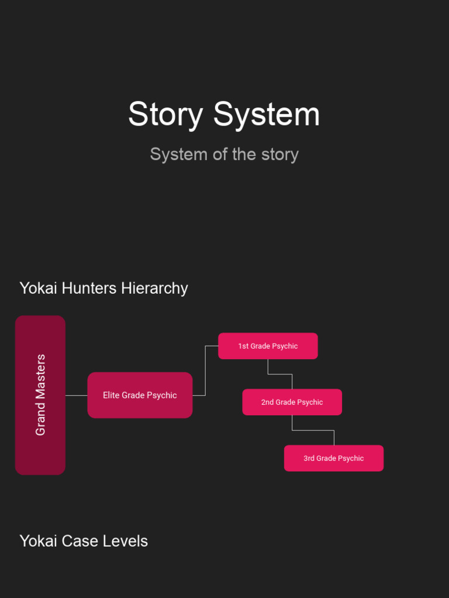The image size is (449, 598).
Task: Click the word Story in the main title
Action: (165, 114)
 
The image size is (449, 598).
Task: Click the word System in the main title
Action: (267, 114)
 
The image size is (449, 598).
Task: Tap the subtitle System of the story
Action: (224, 154)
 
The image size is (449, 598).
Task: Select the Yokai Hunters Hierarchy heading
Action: (103, 288)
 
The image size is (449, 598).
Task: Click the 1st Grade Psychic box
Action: (268, 346)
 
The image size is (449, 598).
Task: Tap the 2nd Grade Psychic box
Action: (292, 402)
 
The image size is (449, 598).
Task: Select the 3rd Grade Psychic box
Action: (333, 458)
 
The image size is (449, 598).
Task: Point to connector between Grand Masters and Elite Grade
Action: (76, 395)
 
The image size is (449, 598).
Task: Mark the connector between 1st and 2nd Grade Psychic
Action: (280, 374)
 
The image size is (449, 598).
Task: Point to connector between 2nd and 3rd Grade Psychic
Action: (313, 430)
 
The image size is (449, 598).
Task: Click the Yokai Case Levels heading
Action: (84, 541)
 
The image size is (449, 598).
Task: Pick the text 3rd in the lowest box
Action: (309, 458)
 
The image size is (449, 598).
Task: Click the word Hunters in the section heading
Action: (89, 288)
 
